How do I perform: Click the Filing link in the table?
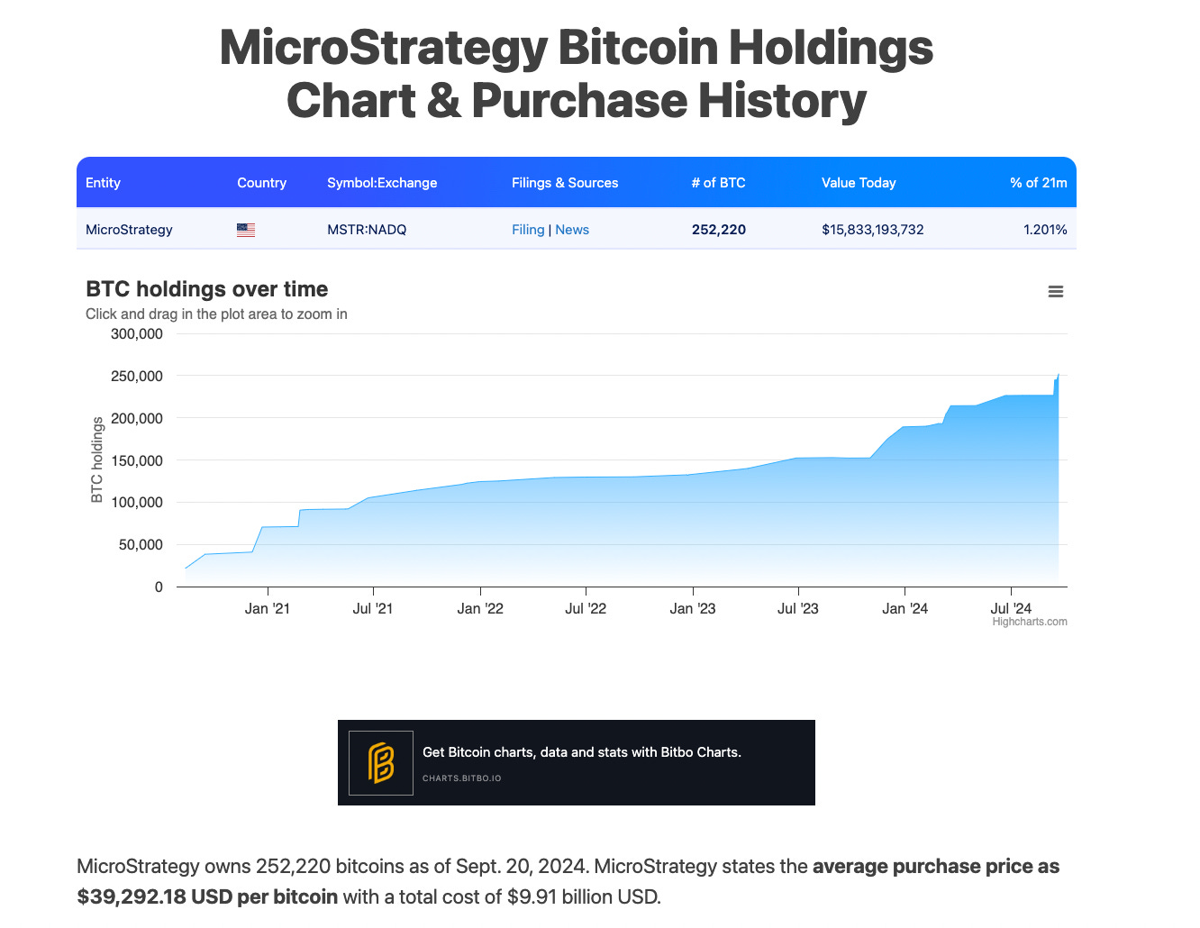coord(528,230)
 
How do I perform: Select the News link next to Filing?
coord(572,230)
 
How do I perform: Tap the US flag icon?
coord(246,230)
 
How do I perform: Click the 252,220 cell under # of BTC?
coord(718,230)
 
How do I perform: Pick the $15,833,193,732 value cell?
coord(872,230)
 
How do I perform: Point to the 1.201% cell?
coord(1044,230)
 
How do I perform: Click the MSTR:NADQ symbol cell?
coord(367,230)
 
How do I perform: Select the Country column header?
coord(261,183)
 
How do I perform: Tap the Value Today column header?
coord(859,183)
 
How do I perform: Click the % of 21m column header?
coord(1038,183)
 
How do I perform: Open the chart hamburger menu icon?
coord(1056,292)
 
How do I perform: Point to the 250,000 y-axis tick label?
coord(137,377)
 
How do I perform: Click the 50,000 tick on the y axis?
coord(141,545)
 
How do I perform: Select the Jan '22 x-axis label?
coord(480,609)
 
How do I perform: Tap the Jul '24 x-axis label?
coord(1011,609)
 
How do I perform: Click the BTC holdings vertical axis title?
coord(97,459)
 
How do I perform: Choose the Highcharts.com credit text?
coord(1030,622)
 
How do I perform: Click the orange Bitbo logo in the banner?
coord(381,763)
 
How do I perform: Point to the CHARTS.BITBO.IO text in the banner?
coord(462,778)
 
